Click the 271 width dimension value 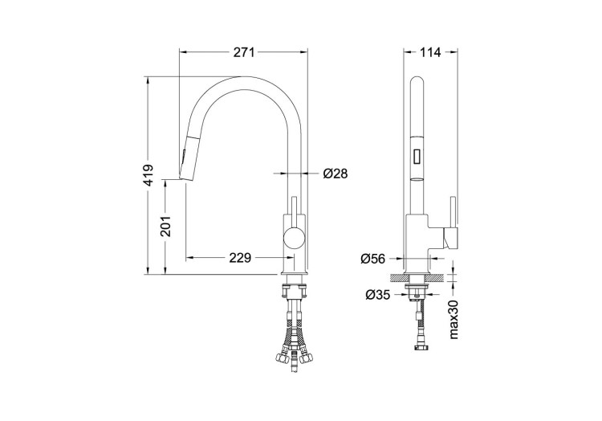244,52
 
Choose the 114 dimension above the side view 431,52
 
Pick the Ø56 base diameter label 373,258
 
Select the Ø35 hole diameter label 377,295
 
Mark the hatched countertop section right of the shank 434,277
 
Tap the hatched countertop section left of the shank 399,277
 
